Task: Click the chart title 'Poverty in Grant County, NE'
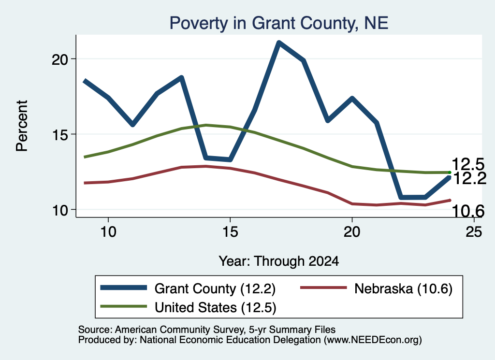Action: [279, 23]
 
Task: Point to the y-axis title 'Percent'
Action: [22, 126]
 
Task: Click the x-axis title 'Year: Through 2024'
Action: [279, 261]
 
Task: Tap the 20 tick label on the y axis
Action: [60, 59]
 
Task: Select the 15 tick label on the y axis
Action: [60, 134]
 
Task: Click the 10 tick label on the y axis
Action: [60, 210]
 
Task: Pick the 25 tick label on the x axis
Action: [474, 232]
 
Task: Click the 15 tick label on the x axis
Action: [230, 232]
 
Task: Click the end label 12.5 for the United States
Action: [468, 164]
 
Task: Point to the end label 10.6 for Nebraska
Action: [468, 211]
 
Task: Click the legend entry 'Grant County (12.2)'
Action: [215, 288]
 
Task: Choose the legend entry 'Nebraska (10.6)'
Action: [404, 288]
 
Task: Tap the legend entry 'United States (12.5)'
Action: [215, 307]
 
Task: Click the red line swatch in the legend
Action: [323, 288]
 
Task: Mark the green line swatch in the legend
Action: [123, 306]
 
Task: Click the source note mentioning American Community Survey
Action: [207, 330]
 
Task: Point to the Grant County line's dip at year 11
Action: [133, 124]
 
